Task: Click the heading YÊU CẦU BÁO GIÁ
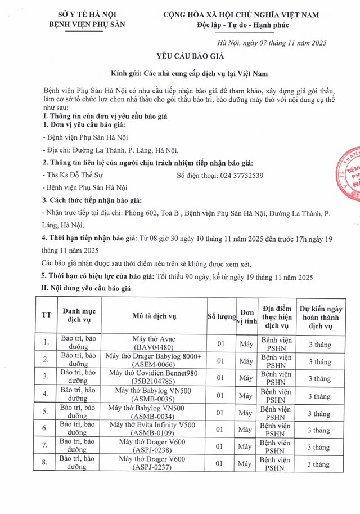tap(180, 57)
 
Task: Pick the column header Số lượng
tap(221, 316)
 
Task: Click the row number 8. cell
tap(46, 464)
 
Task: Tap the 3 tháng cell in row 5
tap(320, 413)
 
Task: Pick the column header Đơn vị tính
tap(246, 316)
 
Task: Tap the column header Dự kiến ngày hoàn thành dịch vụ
tap(320, 316)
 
